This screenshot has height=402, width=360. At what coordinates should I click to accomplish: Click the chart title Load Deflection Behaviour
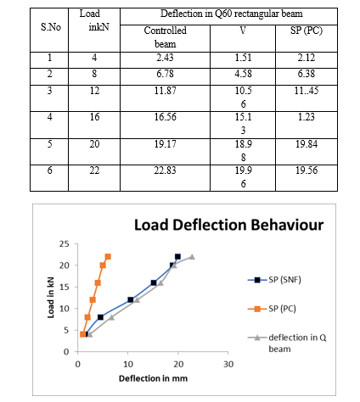pos(228,226)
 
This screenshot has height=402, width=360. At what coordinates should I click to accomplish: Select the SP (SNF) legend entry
pos(274,280)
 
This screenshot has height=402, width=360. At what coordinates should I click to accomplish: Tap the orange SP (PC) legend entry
pos(272,309)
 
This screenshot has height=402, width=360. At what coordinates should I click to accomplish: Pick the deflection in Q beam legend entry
pos(287,343)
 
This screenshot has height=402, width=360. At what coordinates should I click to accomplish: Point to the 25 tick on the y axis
pos(65,243)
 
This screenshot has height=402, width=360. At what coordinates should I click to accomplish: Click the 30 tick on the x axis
pos(228,365)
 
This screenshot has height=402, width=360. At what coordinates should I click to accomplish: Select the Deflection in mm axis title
pos(153,379)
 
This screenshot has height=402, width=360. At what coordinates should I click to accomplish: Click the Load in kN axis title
pos(51,298)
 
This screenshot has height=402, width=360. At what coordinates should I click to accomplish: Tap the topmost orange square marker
pos(108,257)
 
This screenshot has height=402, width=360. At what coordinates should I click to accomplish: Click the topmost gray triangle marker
pos(192,257)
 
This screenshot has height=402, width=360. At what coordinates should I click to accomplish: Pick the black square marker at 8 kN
pos(100,317)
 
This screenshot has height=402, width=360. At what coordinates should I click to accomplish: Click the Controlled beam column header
pos(166,37)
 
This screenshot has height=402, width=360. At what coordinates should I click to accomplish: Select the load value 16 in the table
pos(94,117)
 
